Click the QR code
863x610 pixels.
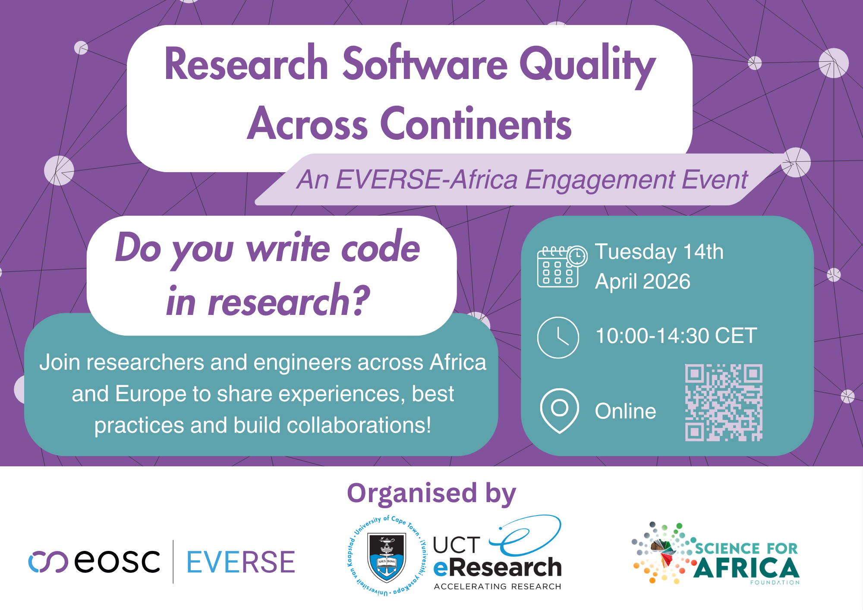click(724, 402)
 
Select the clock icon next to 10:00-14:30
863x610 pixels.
click(558, 337)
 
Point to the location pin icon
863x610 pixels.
click(559, 410)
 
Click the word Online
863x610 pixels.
click(625, 411)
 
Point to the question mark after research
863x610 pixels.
click(359, 300)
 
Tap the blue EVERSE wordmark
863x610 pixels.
click(241, 562)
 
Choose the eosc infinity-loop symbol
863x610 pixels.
click(48, 562)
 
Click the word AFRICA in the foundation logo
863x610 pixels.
click(746, 567)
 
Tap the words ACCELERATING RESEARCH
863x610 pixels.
click(498, 586)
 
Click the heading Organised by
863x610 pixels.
click(431, 493)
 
